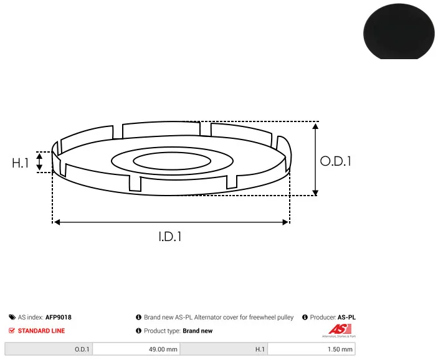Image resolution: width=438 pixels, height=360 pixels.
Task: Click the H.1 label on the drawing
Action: point(20,163)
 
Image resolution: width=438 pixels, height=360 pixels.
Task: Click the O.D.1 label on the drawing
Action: point(335,161)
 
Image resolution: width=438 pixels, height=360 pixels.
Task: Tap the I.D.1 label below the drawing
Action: point(170,237)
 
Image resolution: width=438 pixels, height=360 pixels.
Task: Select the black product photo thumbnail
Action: point(399,31)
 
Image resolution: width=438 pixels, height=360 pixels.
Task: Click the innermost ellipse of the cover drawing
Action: point(172,153)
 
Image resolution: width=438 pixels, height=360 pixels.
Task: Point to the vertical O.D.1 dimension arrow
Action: point(315,159)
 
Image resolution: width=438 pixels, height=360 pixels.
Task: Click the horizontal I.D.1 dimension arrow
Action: point(171,222)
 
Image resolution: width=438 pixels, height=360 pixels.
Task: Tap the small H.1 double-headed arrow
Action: point(39,161)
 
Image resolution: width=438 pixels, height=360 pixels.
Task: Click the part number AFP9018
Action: point(59,317)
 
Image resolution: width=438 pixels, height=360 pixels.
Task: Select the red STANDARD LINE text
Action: point(41,331)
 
